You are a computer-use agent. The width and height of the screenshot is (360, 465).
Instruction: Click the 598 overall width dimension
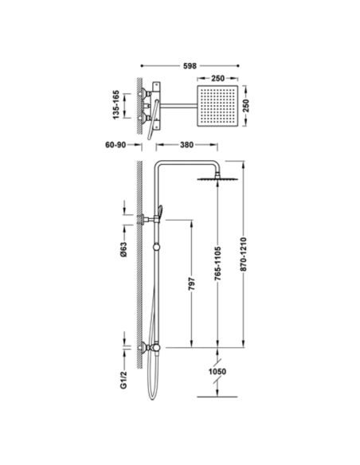point(190,66)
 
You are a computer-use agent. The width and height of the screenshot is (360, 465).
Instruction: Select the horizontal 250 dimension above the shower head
point(217,79)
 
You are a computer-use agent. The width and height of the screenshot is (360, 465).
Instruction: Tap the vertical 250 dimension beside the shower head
point(246,106)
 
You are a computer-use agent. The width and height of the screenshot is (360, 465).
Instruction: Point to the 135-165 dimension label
point(115,105)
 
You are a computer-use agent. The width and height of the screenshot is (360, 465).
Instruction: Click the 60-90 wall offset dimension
point(115,145)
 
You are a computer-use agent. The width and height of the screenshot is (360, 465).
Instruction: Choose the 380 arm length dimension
point(186,145)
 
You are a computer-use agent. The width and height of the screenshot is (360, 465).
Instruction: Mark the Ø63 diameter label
point(123,250)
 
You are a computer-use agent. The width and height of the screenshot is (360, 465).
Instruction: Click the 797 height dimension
point(192,284)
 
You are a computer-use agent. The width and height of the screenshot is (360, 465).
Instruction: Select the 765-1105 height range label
point(217,264)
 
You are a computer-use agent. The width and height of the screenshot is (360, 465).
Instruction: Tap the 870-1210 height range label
point(243,254)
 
